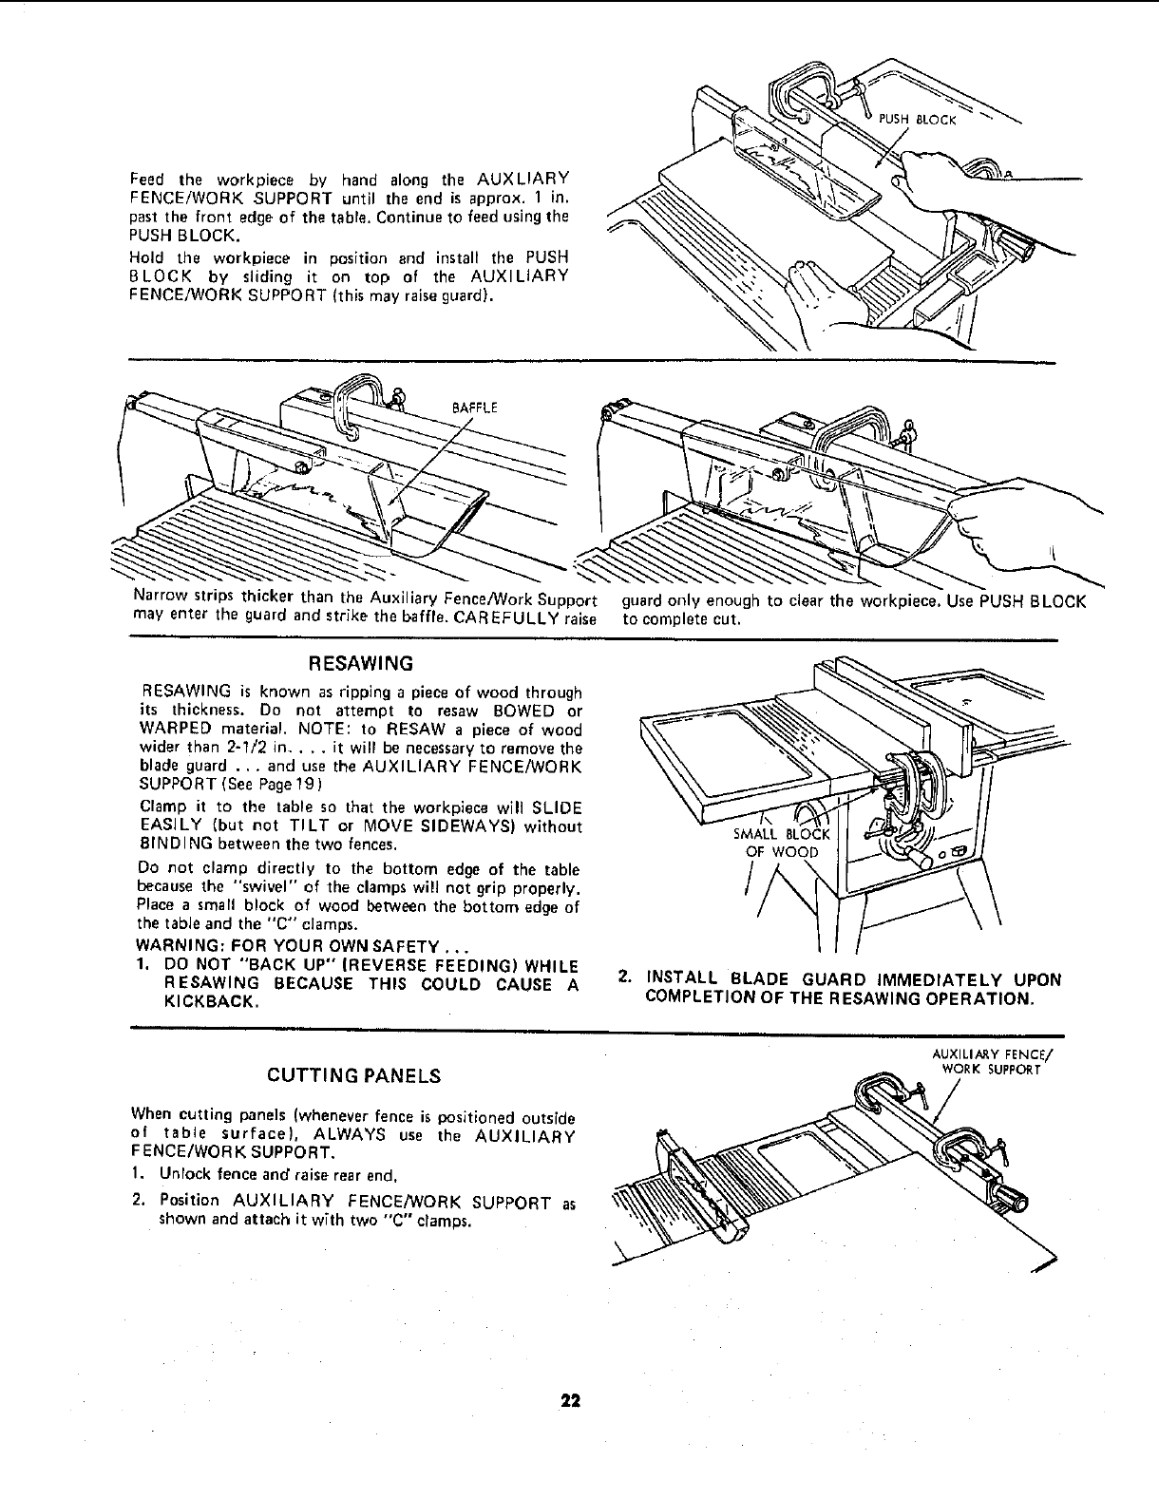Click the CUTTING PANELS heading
pos(353,1076)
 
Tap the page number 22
pos(570,1400)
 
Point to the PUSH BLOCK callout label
pos(917,120)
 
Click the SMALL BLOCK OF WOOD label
pos(782,843)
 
